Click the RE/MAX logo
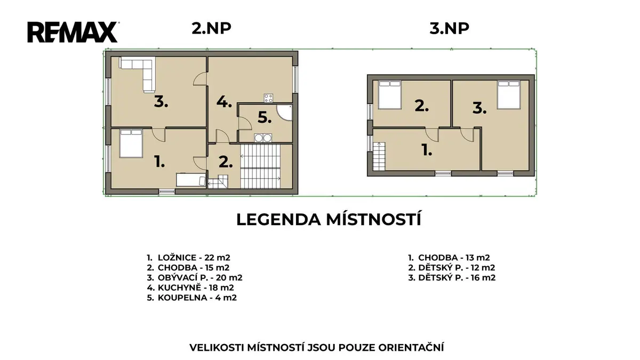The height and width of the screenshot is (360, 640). tap(73, 32)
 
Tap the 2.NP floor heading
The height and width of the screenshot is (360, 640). tap(211, 29)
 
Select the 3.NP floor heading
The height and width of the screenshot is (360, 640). tap(449, 29)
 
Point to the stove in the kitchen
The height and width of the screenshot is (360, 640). tap(268, 98)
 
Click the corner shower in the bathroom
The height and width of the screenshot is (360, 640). tap(286, 113)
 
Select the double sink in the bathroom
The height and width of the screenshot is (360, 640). tap(263, 138)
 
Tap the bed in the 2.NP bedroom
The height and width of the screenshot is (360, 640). tap(131, 143)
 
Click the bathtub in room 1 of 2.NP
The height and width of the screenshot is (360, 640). tap(191, 180)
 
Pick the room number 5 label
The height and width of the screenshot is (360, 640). tap(265, 117)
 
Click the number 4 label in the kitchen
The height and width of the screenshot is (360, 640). tap(224, 102)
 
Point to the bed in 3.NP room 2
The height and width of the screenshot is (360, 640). tap(389, 95)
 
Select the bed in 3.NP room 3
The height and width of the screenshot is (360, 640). tap(509, 95)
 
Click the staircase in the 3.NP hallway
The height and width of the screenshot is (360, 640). tap(379, 156)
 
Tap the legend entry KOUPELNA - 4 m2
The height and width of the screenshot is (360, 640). tap(191, 298)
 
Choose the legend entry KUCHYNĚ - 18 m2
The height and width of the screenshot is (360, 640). tap(190, 287)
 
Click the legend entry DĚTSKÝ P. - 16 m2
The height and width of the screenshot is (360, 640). tap(452, 278)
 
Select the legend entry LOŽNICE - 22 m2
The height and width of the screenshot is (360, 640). tap(188, 258)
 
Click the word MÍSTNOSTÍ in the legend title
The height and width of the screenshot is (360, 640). tap(374, 219)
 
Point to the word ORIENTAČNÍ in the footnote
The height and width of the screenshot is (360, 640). tap(411, 347)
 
